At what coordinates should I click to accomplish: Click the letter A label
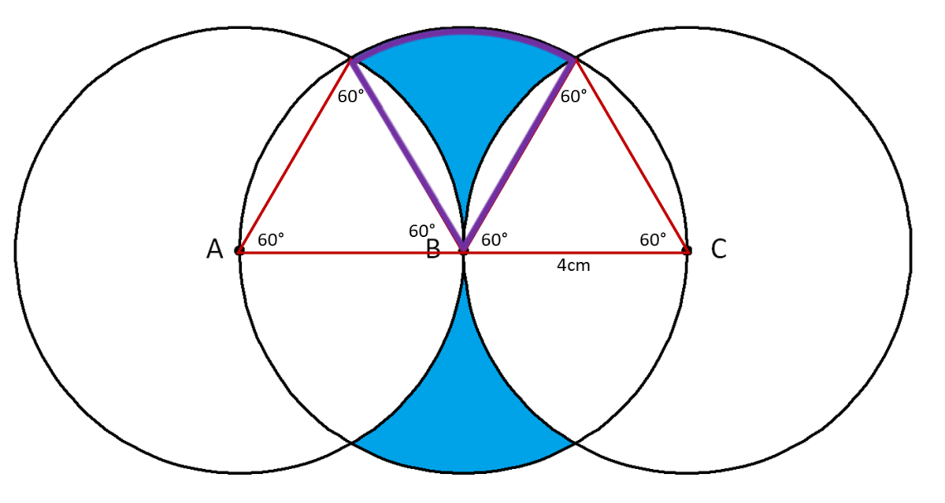(x=214, y=250)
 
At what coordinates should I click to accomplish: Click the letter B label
(x=433, y=250)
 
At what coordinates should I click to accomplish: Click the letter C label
(x=719, y=249)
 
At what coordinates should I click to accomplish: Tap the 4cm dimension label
(x=573, y=265)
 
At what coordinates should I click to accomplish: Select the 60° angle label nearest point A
(x=271, y=240)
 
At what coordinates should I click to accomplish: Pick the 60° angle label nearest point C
(x=653, y=240)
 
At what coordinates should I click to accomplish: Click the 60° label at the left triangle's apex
(x=350, y=97)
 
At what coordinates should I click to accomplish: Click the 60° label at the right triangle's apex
(x=574, y=97)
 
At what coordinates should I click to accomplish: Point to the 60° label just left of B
(x=422, y=231)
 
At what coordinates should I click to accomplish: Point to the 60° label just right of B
(x=495, y=240)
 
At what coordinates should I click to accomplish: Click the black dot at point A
(x=239, y=250)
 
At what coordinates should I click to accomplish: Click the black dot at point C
(x=687, y=250)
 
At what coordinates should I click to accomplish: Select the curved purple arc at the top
(x=463, y=31)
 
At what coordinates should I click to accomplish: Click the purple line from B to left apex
(x=406, y=155)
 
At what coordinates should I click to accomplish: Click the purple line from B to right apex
(x=519, y=155)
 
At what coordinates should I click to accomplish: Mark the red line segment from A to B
(x=351, y=253)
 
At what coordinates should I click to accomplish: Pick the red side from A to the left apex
(x=295, y=155)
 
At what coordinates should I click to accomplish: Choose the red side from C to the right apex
(x=631, y=155)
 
